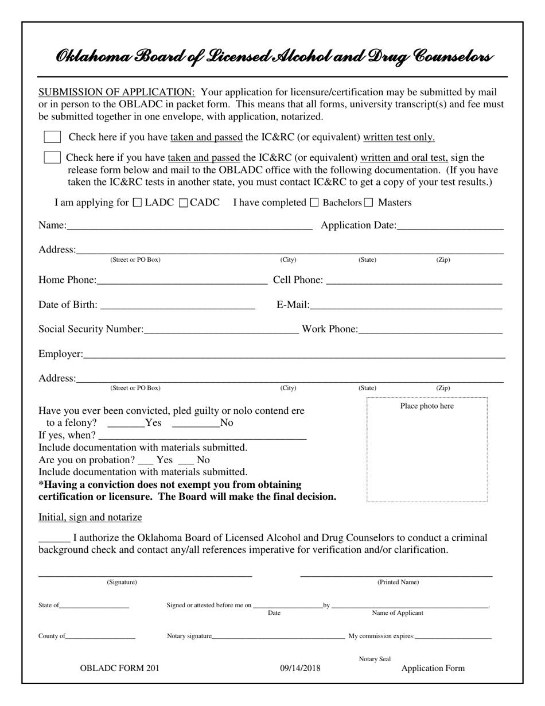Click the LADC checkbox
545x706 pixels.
click(137, 203)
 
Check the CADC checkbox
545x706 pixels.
click(184, 203)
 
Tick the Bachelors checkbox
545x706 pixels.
click(314, 203)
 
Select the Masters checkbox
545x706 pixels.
click(368, 203)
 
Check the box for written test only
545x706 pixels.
click(52, 137)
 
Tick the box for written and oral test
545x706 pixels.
click(52, 157)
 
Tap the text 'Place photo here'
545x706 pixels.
click(427, 406)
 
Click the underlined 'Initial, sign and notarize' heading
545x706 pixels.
click(90, 517)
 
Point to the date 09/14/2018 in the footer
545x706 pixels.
click(300, 668)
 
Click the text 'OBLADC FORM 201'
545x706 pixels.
click(120, 668)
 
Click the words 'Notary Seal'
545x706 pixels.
click(375, 660)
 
